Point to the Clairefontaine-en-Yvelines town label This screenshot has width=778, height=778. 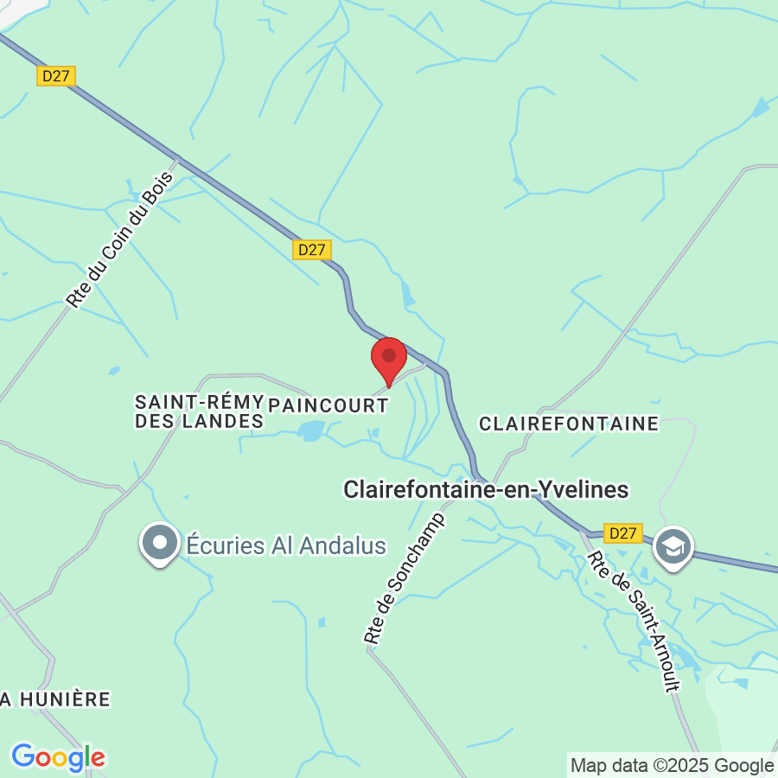pos(486,489)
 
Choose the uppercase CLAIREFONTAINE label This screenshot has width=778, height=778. pos(569,424)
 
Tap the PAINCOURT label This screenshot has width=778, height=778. pos(328,405)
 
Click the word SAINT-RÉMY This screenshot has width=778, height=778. pos(198,402)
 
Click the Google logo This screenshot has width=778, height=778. pos(58,757)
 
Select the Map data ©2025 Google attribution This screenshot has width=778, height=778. pos(673,765)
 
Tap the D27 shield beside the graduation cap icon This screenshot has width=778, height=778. pos(622,533)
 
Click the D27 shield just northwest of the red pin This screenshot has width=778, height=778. pos(311,250)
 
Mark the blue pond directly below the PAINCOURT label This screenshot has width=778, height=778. pos(311,430)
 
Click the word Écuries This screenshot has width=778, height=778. pos(223,545)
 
